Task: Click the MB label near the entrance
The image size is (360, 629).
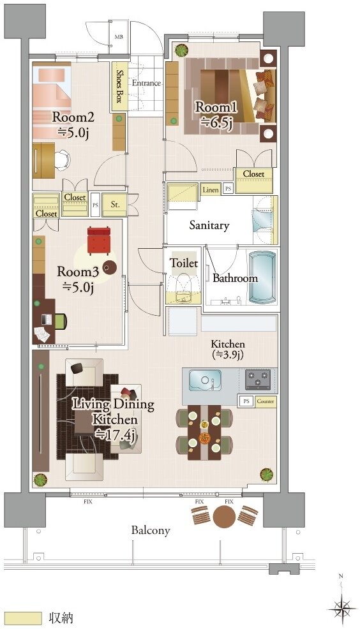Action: (x=119, y=37)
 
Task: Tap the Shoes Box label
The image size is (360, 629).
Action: (x=119, y=86)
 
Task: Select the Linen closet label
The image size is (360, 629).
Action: (x=211, y=189)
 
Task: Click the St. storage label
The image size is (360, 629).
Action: (x=115, y=204)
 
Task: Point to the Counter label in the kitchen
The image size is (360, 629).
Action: (x=266, y=401)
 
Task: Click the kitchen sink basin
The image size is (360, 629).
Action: (x=205, y=380)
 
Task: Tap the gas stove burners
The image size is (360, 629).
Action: (x=257, y=380)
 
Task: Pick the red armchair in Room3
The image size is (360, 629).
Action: (x=99, y=241)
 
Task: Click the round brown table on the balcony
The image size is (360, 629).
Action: (x=224, y=516)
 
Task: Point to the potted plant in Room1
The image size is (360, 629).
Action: (x=181, y=50)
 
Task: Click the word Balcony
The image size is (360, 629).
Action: (x=151, y=530)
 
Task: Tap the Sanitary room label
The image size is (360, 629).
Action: (x=209, y=225)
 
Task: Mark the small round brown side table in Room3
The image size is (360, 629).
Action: (x=109, y=267)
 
